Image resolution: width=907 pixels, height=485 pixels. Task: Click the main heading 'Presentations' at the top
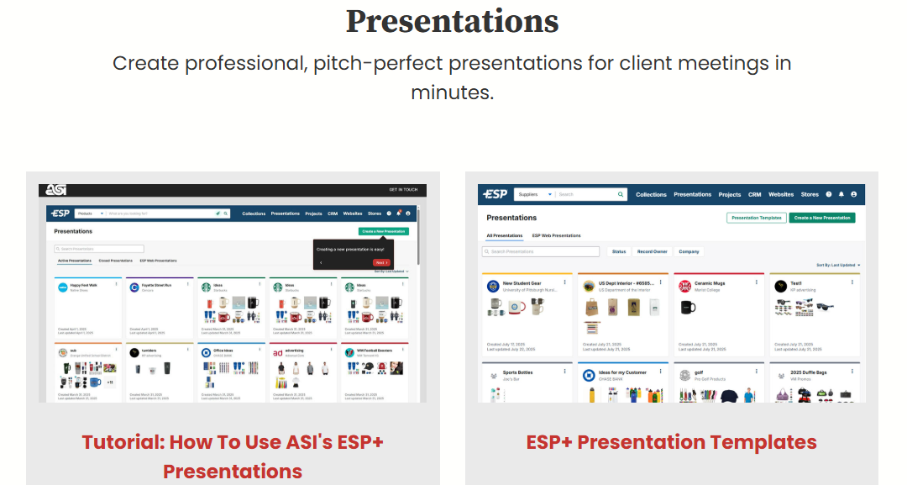452,21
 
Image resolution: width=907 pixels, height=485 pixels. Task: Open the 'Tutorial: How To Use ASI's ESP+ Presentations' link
233,456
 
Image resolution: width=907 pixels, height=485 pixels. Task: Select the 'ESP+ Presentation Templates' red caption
671,442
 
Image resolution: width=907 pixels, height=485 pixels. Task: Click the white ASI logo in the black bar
57,191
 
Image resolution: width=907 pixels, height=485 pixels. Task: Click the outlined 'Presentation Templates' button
756,218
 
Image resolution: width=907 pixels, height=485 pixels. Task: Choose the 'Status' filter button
618,251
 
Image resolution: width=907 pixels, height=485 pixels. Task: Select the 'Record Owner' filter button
652,251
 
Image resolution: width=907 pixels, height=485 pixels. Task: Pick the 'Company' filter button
689,251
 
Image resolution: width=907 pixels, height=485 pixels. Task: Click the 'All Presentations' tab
504,236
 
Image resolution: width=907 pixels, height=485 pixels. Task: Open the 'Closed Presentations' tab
116,261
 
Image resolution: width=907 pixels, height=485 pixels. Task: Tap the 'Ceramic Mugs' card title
710,283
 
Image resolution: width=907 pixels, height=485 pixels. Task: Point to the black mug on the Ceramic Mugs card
688,307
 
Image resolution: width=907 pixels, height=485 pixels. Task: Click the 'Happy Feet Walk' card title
84,285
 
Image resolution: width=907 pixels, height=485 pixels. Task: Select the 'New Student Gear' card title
522,283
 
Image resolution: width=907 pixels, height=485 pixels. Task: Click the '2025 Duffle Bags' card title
808,372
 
